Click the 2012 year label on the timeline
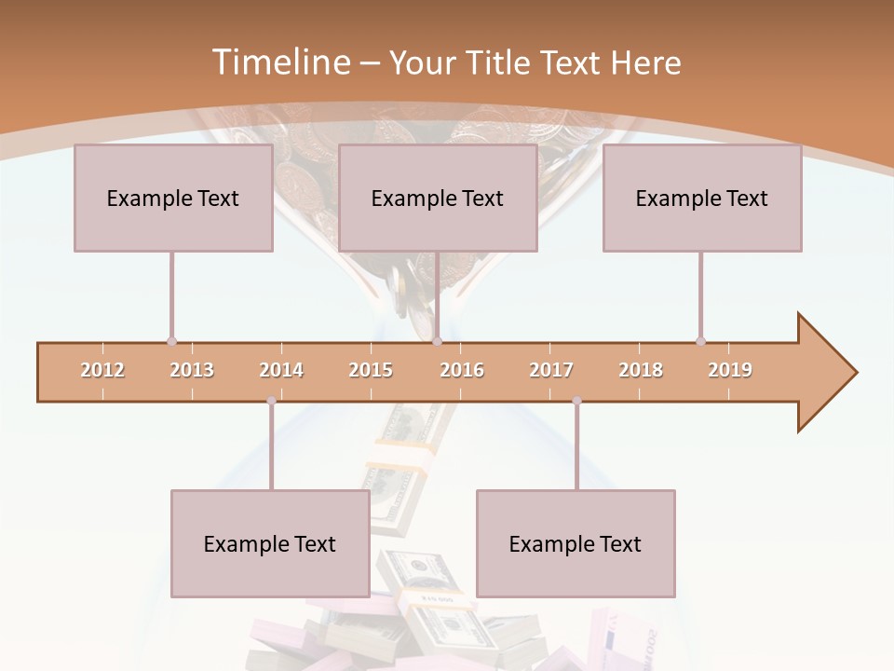[102, 370]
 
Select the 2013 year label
[192, 370]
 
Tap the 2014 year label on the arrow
[281, 370]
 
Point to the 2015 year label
[371, 370]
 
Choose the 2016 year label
[462, 370]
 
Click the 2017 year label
[551, 370]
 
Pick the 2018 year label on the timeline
[641, 370]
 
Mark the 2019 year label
[730, 370]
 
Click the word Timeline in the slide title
[278, 62]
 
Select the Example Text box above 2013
[173, 198]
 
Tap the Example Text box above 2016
[438, 198]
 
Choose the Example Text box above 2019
[702, 198]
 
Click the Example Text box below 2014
[270, 543]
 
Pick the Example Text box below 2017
[576, 543]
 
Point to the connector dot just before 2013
[171, 341]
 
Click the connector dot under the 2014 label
[271, 401]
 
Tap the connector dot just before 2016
[437, 341]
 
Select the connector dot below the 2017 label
[576, 401]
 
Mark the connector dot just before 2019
[700, 341]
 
